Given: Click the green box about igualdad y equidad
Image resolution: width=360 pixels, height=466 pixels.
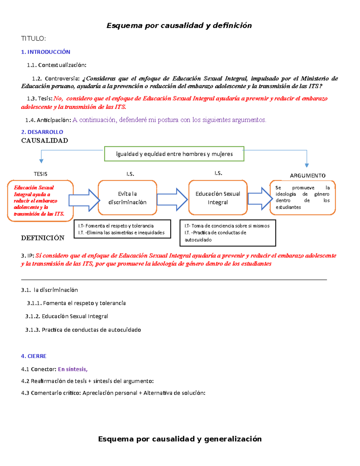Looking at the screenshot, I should pyautogui.click(x=174, y=154).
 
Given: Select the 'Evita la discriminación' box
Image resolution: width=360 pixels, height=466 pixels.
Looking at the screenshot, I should pyautogui.click(x=127, y=198).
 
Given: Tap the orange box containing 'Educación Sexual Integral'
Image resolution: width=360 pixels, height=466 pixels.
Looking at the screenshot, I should pyautogui.click(x=218, y=198).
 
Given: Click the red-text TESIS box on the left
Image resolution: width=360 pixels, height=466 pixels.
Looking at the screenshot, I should pyautogui.click(x=40, y=200).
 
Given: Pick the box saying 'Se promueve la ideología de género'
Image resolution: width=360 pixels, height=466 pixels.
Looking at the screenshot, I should pyautogui.click(x=302, y=197).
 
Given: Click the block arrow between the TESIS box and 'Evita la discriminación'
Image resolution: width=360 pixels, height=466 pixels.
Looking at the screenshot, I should pyautogui.click(x=84, y=200).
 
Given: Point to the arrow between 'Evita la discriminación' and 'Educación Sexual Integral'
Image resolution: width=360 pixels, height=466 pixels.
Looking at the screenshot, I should pyautogui.click(x=172, y=199).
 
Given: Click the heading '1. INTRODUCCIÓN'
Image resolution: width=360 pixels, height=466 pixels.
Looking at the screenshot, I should pyautogui.click(x=46, y=52).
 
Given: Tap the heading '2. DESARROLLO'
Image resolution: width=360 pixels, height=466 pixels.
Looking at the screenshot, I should pyautogui.click(x=42, y=132).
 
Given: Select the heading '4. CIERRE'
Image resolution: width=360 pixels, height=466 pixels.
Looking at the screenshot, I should pyautogui.click(x=34, y=356).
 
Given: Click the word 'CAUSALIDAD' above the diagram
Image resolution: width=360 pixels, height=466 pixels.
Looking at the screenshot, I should pyautogui.click(x=44, y=140).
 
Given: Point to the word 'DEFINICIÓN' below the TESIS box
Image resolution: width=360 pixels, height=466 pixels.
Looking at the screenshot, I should pyautogui.click(x=43, y=238).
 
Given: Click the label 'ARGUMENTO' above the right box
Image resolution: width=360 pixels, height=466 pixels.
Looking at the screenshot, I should pyautogui.click(x=307, y=176).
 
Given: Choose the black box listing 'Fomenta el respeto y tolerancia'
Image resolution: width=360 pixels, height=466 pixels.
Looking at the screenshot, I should pyautogui.click(x=122, y=229).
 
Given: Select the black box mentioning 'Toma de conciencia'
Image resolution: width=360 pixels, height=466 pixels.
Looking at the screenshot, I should pyautogui.click(x=227, y=233).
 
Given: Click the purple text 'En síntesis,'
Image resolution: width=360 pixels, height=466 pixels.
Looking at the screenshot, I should pyautogui.click(x=73, y=369).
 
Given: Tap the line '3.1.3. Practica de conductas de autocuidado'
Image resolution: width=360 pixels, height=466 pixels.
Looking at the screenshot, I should pyautogui.click(x=83, y=330).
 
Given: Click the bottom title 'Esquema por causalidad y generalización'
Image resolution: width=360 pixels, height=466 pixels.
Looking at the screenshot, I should pyautogui.click(x=180, y=439).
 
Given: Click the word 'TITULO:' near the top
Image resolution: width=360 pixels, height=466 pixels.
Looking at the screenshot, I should pyautogui.click(x=33, y=38).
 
